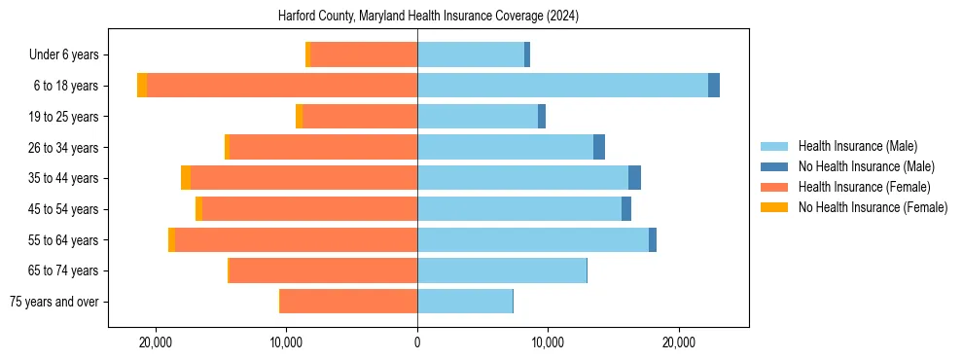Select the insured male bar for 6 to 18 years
point(562,86)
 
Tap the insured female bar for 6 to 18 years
point(282,86)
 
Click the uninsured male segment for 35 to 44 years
point(634,178)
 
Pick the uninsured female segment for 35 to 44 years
point(186,178)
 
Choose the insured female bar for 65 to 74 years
point(323,270)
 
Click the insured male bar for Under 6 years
point(471,54)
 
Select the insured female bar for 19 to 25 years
point(360,117)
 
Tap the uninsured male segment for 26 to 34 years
point(599,147)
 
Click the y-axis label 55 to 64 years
point(62,240)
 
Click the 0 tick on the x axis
point(417,342)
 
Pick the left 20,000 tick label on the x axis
point(156,342)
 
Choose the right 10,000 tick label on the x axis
point(548,342)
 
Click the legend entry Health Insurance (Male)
point(857,146)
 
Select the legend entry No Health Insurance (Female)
point(873,207)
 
